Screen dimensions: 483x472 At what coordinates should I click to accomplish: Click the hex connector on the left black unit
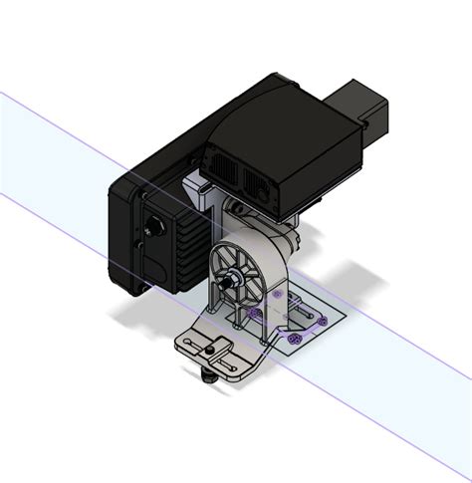(x=155, y=228)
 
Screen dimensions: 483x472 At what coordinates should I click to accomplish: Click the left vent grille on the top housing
(x=222, y=165)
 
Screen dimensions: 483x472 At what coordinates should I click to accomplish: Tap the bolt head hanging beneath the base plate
(x=207, y=376)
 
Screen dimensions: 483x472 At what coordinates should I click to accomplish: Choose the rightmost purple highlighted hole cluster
(x=322, y=323)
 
